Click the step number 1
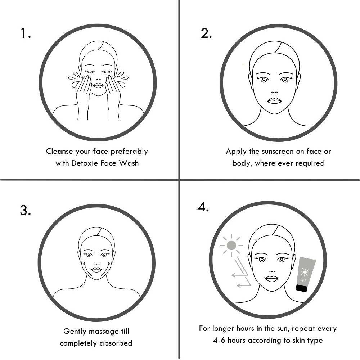pyautogui.click(x=25, y=33)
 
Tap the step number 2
pyautogui.click(x=206, y=33)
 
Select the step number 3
pyautogui.click(x=25, y=210)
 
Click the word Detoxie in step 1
pyautogui.click(x=82, y=163)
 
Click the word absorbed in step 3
pyautogui.click(x=116, y=343)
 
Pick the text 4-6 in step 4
pyautogui.click(x=219, y=340)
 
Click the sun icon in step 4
pyautogui.click(x=231, y=246)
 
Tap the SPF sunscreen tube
pyautogui.click(x=305, y=275)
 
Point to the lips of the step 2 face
pyautogui.click(x=274, y=101)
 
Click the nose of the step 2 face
pyautogui.click(x=274, y=92)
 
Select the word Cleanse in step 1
pyautogui.click(x=59, y=151)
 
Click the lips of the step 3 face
pyautogui.click(x=96, y=270)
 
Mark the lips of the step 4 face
pyautogui.click(x=271, y=279)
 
